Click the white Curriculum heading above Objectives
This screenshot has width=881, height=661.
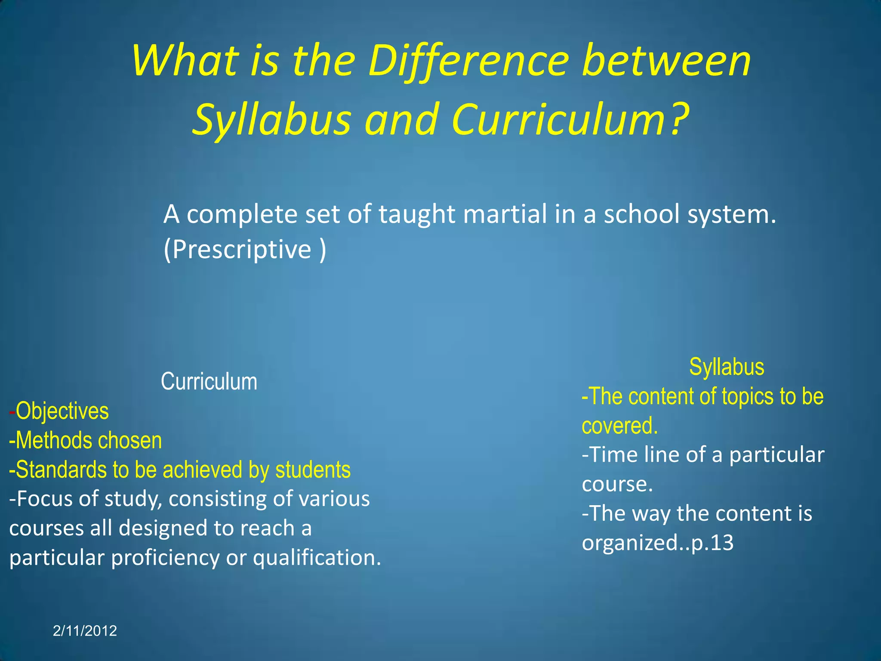point(209,382)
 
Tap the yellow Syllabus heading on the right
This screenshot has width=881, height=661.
point(727,367)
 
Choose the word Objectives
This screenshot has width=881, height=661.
point(62,411)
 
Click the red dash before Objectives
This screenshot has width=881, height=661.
point(12,412)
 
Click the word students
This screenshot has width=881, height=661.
point(313,469)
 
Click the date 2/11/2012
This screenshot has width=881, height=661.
point(85,631)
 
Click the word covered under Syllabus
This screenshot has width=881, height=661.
point(619,426)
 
